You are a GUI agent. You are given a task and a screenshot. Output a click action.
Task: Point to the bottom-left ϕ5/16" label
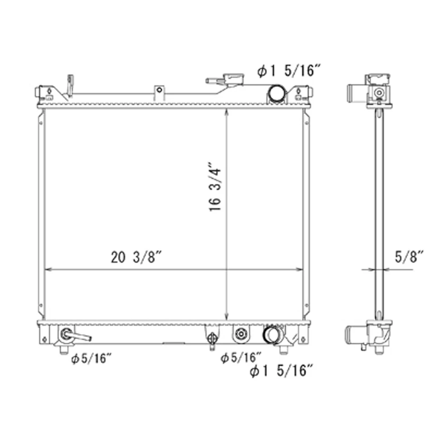[x=91, y=359]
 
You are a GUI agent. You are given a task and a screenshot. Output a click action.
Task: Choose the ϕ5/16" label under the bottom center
[x=241, y=358]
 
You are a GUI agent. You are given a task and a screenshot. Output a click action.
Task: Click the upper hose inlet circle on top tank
[x=276, y=94]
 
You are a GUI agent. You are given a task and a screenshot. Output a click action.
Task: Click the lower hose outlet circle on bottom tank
[x=273, y=335]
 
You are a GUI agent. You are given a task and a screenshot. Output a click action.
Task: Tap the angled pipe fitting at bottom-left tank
[x=75, y=336]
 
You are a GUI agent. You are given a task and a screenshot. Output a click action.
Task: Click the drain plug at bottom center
[x=212, y=339]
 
